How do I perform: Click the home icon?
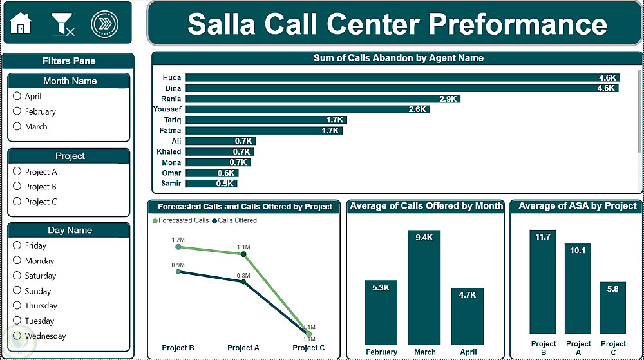21,23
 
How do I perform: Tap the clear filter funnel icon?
62,24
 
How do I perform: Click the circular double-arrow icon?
105,24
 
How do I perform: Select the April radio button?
17,96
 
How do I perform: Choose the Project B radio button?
17,186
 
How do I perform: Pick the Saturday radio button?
17,276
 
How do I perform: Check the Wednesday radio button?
17,336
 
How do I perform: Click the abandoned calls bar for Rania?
323,99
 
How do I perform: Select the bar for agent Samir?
211,184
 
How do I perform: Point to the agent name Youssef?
167,109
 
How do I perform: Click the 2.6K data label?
417,109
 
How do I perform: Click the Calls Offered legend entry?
234,220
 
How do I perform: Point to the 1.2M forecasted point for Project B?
178,247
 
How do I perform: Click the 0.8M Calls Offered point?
243,282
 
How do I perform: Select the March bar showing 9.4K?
424,287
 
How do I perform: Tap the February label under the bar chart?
381,352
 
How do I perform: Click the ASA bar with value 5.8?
613,308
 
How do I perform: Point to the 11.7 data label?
542,237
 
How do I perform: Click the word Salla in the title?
222,24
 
